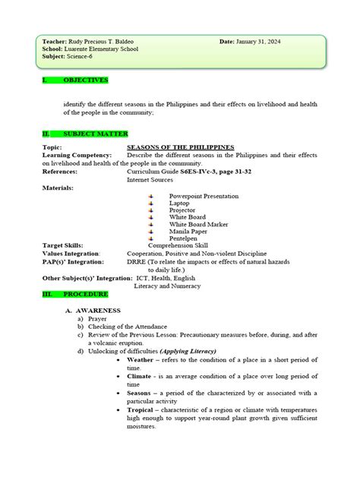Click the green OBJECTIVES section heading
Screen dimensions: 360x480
(x=84, y=80)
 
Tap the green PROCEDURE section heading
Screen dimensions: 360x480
(x=84, y=293)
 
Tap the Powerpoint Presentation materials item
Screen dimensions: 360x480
(x=204, y=196)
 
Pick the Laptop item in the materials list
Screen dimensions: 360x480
(x=179, y=203)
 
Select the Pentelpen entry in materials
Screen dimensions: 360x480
(x=183, y=238)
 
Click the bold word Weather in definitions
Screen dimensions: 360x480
(x=140, y=358)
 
